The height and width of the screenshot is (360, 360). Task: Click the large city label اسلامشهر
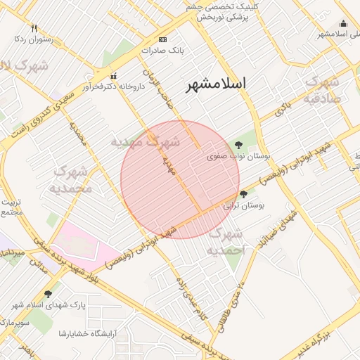click(x=217, y=84)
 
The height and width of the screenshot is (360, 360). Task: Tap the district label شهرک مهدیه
click(x=146, y=141)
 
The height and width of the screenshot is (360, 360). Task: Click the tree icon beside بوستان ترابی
click(x=243, y=193)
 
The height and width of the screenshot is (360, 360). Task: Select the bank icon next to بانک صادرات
click(x=163, y=39)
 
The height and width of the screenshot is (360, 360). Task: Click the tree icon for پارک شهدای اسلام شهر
click(x=48, y=294)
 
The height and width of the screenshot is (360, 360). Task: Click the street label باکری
click(x=283, y=108)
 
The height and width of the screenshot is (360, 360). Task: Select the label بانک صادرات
click(x=162, y=51)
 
